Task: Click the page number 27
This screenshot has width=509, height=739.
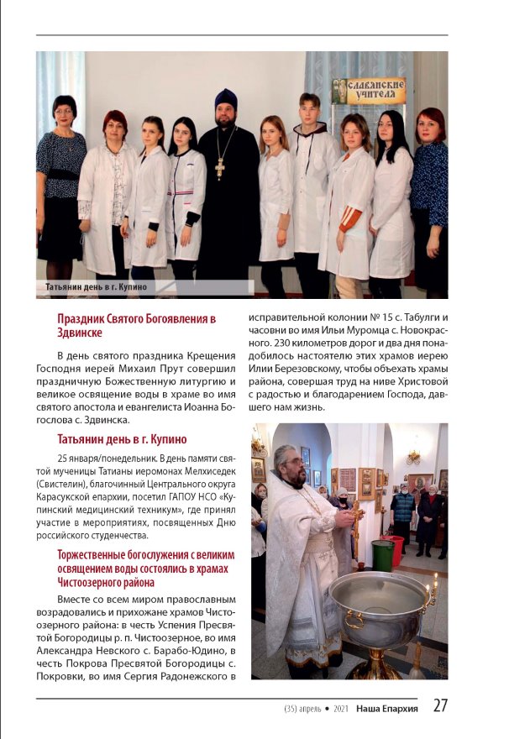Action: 440,706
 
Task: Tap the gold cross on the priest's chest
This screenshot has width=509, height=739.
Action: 219,165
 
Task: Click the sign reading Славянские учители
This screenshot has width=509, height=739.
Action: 370,90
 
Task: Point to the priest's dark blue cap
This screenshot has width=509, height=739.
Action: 226,98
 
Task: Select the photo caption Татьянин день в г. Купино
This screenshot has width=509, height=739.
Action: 97,287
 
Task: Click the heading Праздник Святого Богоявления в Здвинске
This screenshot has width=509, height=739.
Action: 136,326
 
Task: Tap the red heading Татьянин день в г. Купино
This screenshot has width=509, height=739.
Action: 122,439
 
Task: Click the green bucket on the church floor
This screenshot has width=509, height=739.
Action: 382,554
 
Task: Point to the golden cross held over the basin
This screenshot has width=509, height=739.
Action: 357,511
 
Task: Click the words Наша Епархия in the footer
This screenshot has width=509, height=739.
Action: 386,707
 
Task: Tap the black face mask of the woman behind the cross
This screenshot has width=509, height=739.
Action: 342,503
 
